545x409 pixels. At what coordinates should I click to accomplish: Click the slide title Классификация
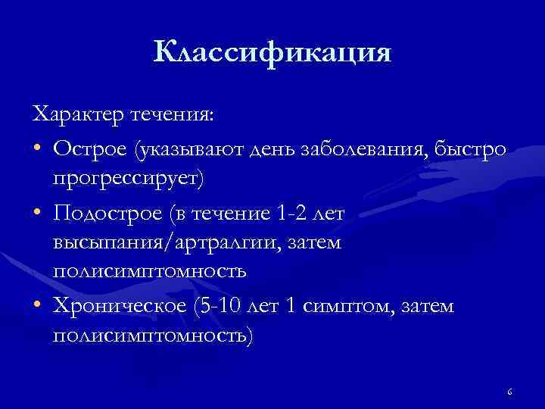(272, 53)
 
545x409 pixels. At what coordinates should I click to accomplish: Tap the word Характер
(78, 115)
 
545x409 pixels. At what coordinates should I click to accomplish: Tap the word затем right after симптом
(427, 306)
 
